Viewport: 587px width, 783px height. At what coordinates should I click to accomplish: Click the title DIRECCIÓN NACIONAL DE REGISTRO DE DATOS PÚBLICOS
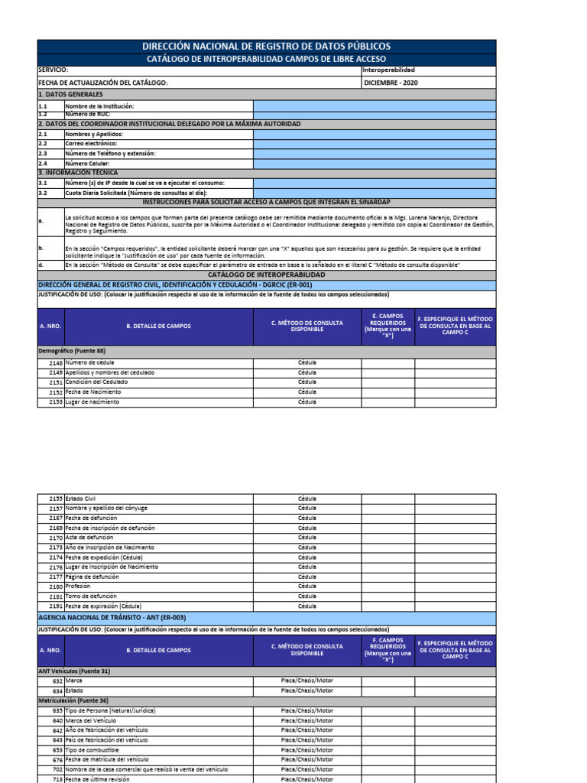pos(267,47)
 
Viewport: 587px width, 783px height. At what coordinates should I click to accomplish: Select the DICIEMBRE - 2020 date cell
pos(390,83)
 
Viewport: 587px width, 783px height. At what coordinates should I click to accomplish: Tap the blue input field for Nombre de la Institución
pos(375,106)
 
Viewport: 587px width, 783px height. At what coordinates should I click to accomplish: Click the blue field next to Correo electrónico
pos(375,144)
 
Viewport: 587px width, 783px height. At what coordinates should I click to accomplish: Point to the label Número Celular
pos(87,163)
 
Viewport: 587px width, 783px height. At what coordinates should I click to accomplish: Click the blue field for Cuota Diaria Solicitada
pos(375,193)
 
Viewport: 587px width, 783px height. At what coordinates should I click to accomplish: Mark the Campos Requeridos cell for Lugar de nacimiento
pos(388,402)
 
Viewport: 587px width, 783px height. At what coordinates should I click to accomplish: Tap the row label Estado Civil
pos(80,499)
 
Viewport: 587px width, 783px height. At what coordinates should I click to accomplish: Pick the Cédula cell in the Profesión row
pos(306,586)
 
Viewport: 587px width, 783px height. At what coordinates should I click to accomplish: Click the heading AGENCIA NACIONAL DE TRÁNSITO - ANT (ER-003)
pos(112,617)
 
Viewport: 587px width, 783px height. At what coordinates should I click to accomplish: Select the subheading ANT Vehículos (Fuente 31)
pos(74,671)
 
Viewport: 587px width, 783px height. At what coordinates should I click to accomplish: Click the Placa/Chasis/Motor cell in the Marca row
pos(306,681)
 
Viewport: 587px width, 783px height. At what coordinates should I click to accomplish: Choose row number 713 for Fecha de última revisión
pos(57,778)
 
